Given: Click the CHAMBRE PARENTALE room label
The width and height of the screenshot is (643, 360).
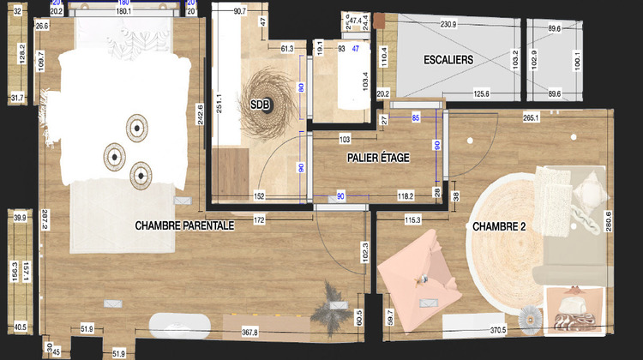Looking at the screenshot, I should pyautogui.click(x=184, y=225).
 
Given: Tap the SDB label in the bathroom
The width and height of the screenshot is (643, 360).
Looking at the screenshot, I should pyautogui.click(x=259, y=105).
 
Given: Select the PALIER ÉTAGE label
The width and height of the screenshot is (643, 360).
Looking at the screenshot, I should pyautogui.click(x=378, y=158).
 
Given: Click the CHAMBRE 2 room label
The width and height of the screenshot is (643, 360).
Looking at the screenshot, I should pyautogui.click(x=499, y=227).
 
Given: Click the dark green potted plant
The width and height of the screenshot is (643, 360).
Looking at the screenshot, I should pyautogui.click(x=332, y=300).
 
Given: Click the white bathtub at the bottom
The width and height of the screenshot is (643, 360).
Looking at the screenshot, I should pyautogui.click(x=180, y=327).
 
